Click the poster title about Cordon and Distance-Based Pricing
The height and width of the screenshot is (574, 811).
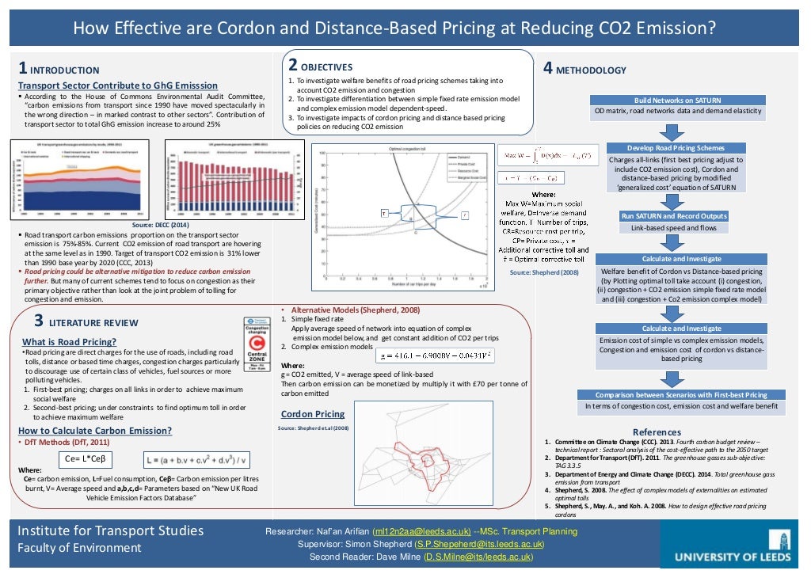click(394, 29)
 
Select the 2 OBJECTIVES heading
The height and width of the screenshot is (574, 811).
click(320, 66)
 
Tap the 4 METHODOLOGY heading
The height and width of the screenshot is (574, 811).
click(584, 70)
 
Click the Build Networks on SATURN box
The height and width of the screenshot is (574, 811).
click(678, 101)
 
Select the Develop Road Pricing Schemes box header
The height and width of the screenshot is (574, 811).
click(676, 148)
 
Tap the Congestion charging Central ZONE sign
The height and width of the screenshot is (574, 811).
click(256, 344)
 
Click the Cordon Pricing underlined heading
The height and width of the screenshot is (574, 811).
click(313, 414)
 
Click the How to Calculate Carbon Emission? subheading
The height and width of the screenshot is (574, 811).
click(95, 431)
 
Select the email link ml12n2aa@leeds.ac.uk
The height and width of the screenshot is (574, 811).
click(424, 531)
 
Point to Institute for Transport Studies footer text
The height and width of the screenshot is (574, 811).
click(110, 530)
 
